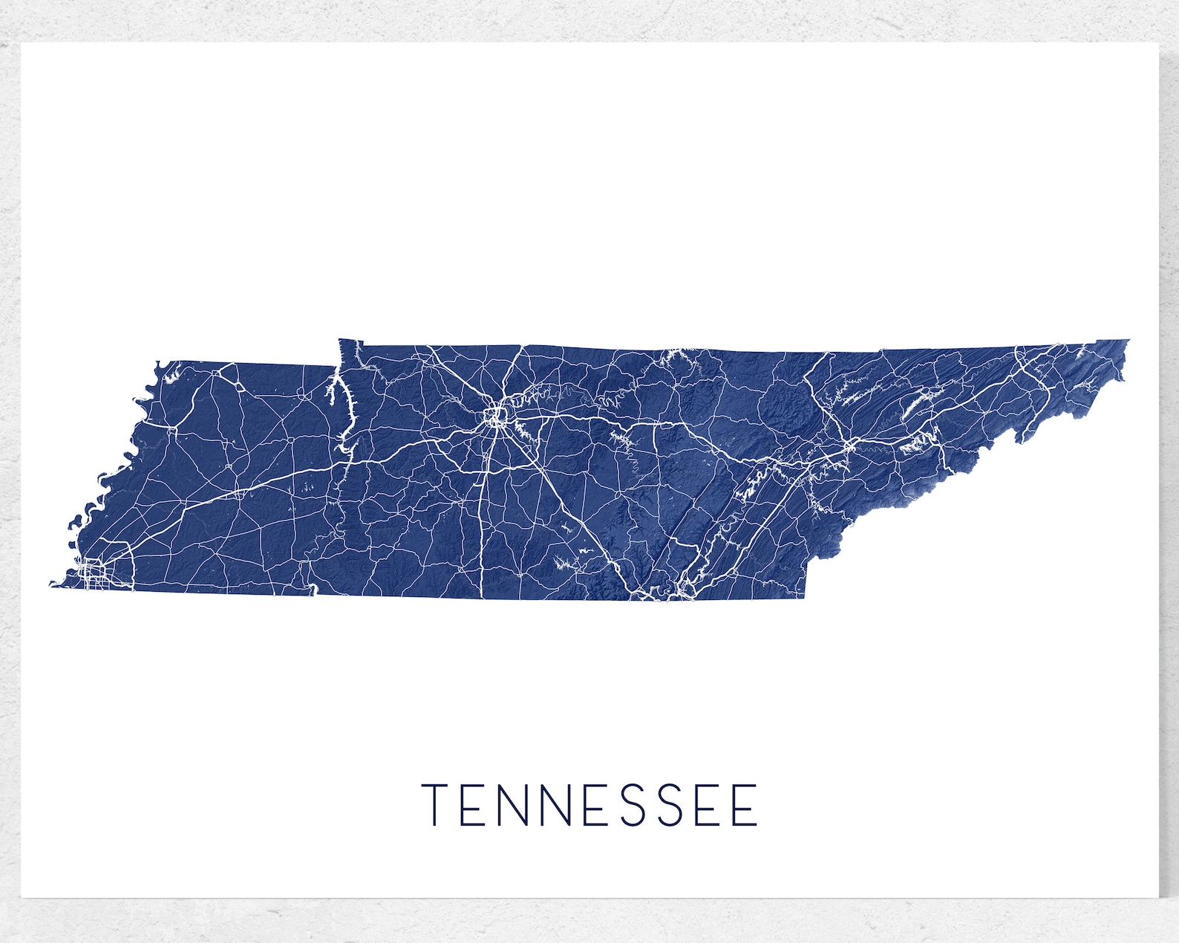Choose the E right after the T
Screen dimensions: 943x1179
[473, 805]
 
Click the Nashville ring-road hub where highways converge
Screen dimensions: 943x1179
[494, 415]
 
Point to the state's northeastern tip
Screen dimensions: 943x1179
[1127, 341]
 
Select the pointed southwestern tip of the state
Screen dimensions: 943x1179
[52, 584]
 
